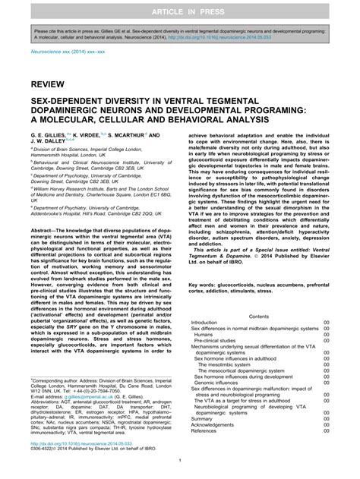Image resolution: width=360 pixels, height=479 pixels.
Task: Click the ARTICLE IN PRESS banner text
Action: click(180, 9)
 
